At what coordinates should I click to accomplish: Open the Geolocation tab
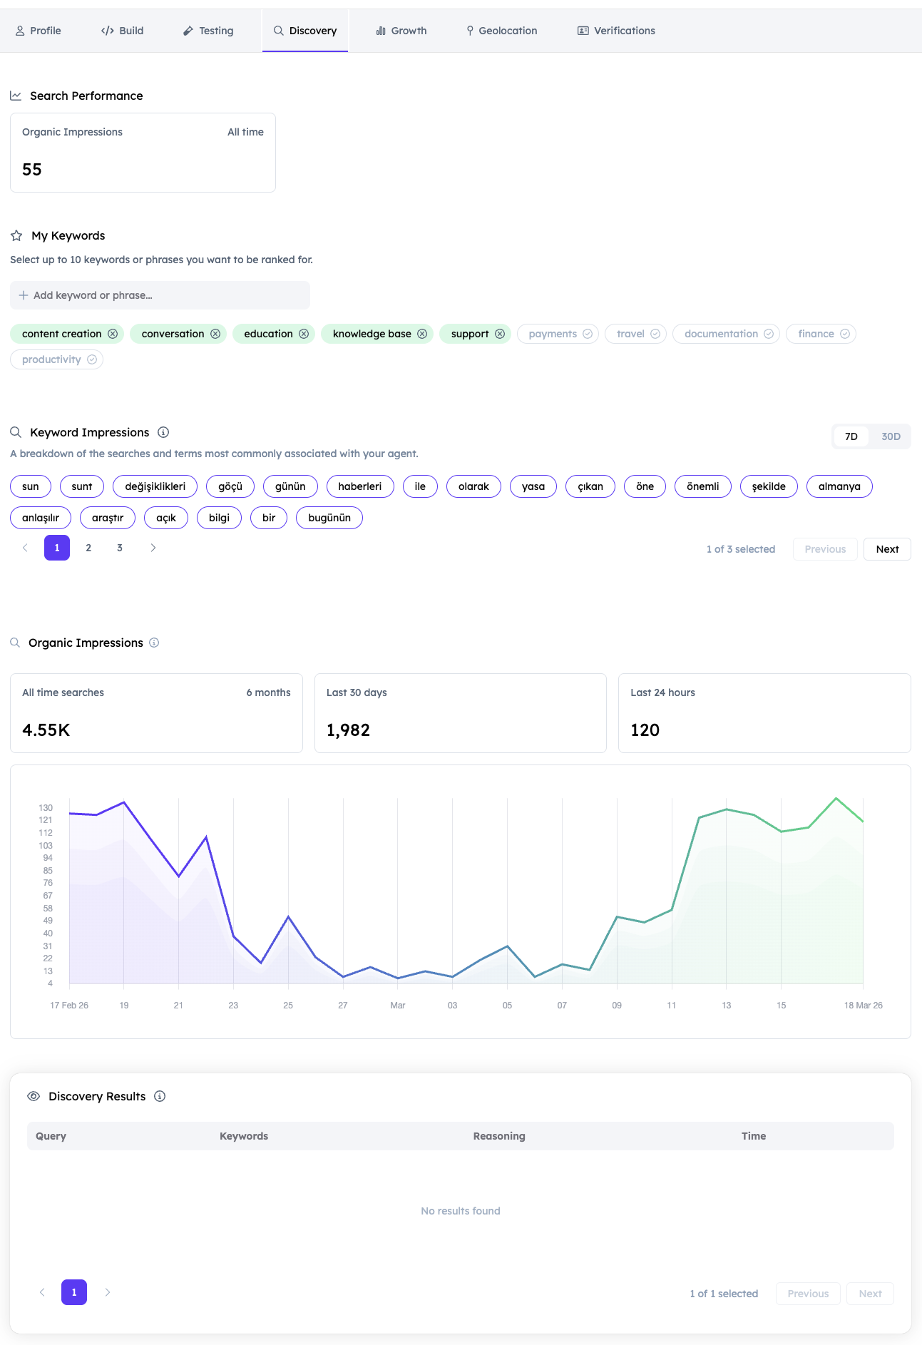501,31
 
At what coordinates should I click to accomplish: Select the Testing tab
208,31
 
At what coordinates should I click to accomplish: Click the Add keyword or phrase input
160,295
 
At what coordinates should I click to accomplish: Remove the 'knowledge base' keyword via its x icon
422,334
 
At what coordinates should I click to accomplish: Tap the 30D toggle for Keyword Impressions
891,436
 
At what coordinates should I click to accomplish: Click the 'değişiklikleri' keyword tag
155,486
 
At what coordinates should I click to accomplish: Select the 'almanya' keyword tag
839,486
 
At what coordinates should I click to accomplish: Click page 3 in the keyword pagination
120,548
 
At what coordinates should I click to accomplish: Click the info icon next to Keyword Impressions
163,432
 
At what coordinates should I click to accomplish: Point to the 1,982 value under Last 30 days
348,730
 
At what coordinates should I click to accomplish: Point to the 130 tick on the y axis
46,808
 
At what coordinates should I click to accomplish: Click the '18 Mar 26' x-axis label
863,1006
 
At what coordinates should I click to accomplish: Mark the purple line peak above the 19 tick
124,802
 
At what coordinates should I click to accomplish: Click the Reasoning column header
499,1136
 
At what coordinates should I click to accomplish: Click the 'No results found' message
461,1211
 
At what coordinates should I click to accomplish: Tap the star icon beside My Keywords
16,235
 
